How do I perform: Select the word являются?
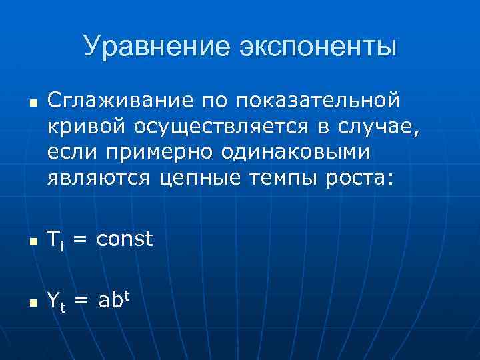coord(100,177)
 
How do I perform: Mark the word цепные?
coord(203,178)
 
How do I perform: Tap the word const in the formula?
coord(125,238)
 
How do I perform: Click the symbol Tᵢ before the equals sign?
coord(55,239)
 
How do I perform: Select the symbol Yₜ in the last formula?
coord(57,303)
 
